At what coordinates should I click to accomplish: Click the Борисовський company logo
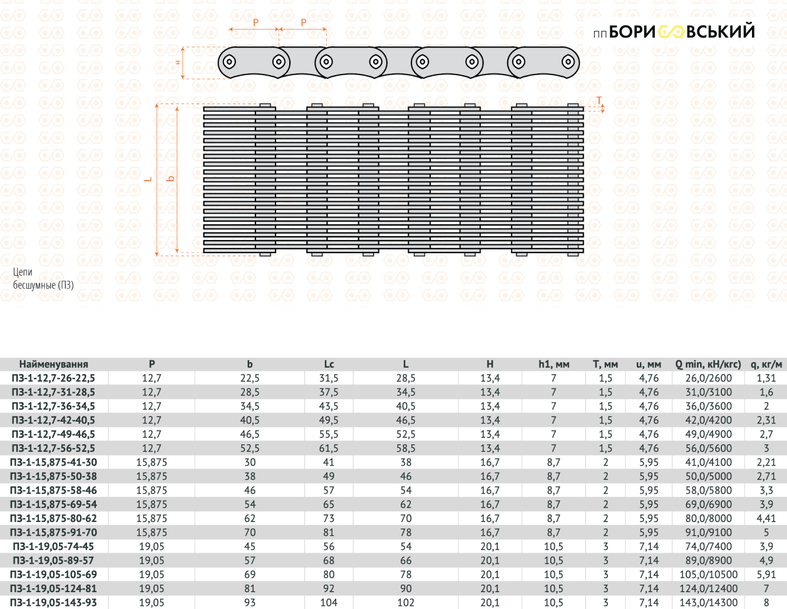[674, 32]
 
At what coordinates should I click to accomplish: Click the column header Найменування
[54, 364]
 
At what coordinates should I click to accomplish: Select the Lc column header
[329, 364]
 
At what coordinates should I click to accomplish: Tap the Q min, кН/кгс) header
[708, 364]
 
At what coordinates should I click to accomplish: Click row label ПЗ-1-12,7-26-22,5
[53, 378]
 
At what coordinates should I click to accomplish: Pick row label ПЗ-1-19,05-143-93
[53, 603]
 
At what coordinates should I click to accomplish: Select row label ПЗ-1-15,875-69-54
[53, 504]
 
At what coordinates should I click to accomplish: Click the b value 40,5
[250, 420]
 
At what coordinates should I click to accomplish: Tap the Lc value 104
[329, 603]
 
